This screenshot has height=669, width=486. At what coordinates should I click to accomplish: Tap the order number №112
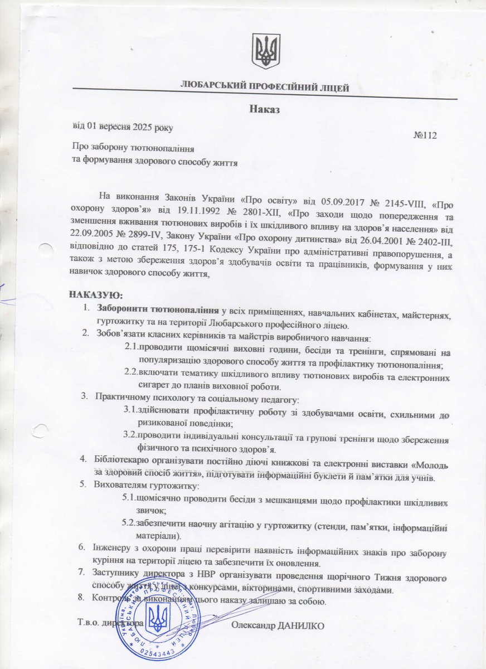(x=425, y=135)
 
